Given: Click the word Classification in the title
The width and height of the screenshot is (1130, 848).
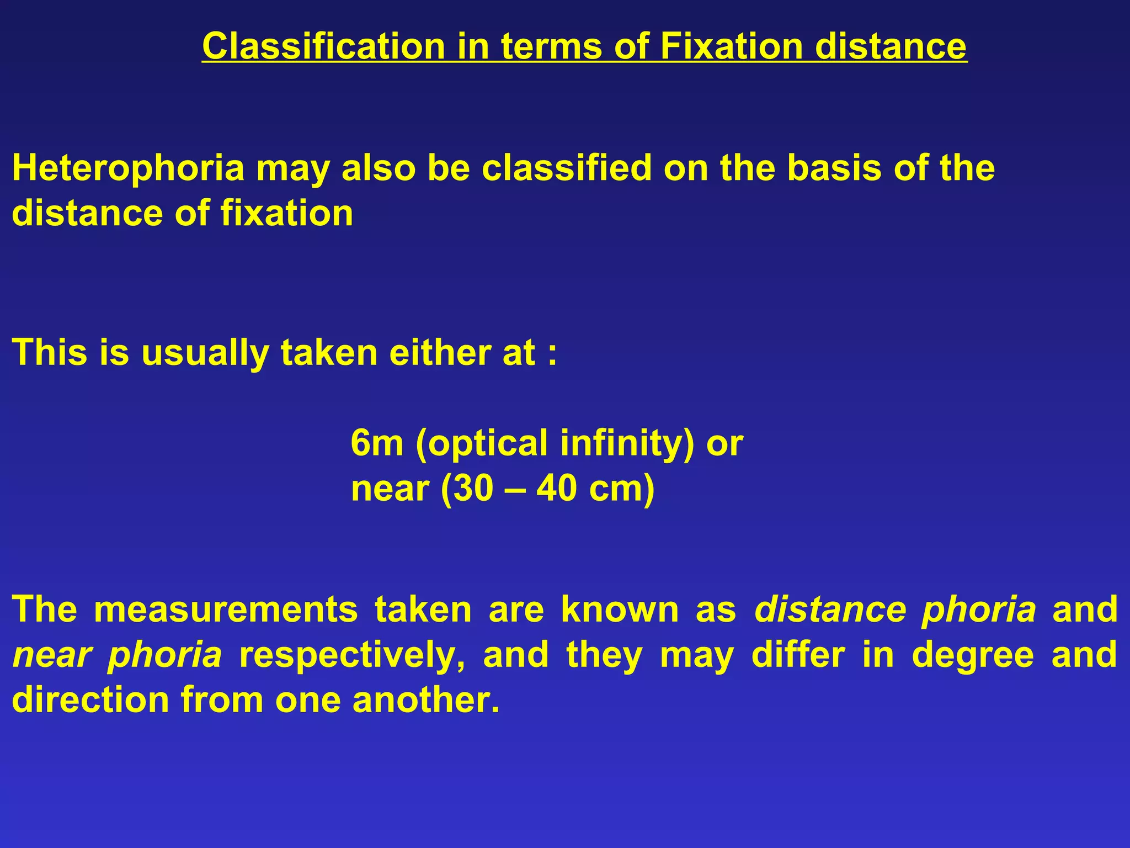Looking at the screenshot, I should pyautogui.click(x=323, y=46).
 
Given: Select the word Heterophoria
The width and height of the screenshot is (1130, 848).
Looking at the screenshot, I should pyautogui.click(x=128, y=168).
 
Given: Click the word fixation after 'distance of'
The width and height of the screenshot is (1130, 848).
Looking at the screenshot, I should pyautogui.click(x=287, y=213).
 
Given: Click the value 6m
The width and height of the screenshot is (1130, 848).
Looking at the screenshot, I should pyautogui.click(x=377, y=443).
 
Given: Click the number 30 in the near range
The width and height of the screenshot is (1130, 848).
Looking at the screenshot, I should pyautogui.click(x=474, y=489).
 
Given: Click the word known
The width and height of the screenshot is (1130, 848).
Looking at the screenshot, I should pyautogui.click(x=620, y=609).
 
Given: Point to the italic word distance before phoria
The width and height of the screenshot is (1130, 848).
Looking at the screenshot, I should pyautogui.click(x=830, y=609).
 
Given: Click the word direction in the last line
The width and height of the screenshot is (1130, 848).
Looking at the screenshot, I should pyautogui.click(x=90, y=700).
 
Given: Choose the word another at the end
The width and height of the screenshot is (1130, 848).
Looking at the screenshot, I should pyautogui.click(x=426, y=700).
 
